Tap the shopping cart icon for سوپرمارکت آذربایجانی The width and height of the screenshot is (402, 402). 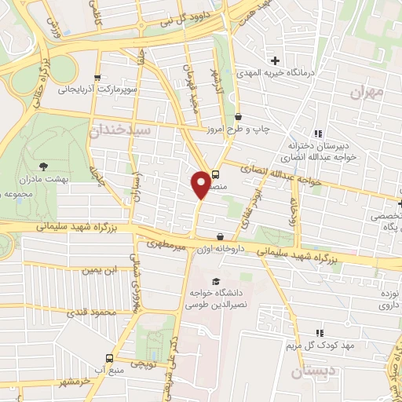(97, 78)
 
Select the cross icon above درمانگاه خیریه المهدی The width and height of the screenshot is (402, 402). (275, 60)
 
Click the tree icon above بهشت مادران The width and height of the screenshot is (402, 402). (42, 166)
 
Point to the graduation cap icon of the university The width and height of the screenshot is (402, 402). (215, 281)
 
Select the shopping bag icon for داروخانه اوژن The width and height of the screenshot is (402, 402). (219, 236)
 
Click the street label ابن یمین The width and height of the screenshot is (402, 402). (101, 270)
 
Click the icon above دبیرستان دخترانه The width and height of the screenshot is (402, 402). (318, 133)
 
